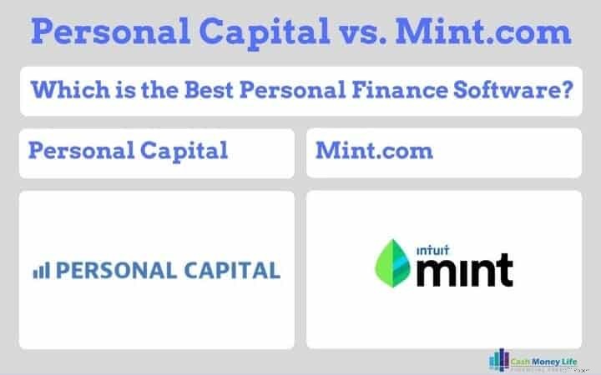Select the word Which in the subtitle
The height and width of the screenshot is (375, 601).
pos(59,90)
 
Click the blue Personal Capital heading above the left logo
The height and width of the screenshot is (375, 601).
pos(128,151)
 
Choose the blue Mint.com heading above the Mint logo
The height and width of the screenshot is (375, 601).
pos(374,151)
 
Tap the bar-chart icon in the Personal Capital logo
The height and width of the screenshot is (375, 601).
pos(41,270)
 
